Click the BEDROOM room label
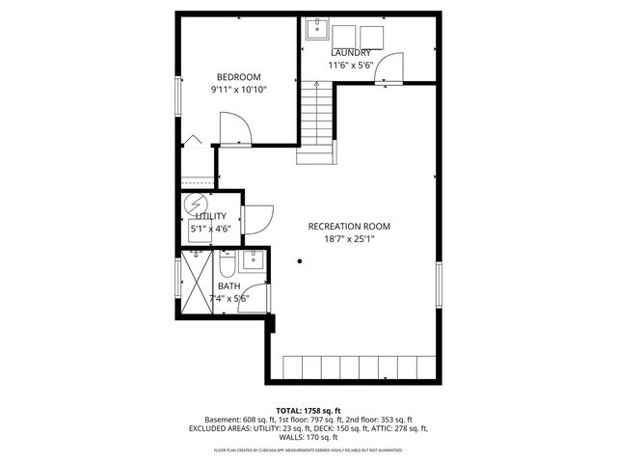(x=238, y=77)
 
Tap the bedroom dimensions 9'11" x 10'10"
(x=238, y=90)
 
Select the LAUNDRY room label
(x=351, y=52)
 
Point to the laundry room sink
(x=315, y=29)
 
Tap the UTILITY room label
(x=211, y=216)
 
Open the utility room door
(x=257, y=220)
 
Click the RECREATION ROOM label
(x=349, y=227)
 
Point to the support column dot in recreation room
(x=300, y=260)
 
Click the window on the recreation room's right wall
(x=440, y=286)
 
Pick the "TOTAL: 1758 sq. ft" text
(x=308, y=411)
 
